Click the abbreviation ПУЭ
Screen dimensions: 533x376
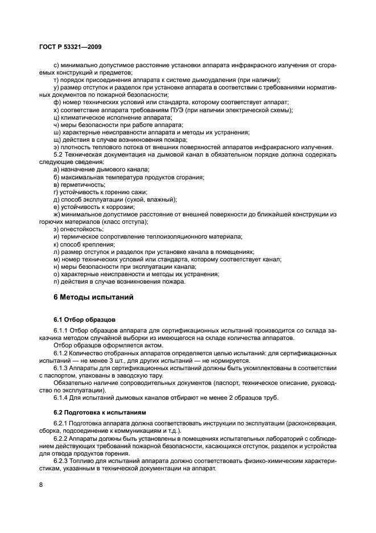pos(171,109)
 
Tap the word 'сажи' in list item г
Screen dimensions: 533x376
pos(138,192)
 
